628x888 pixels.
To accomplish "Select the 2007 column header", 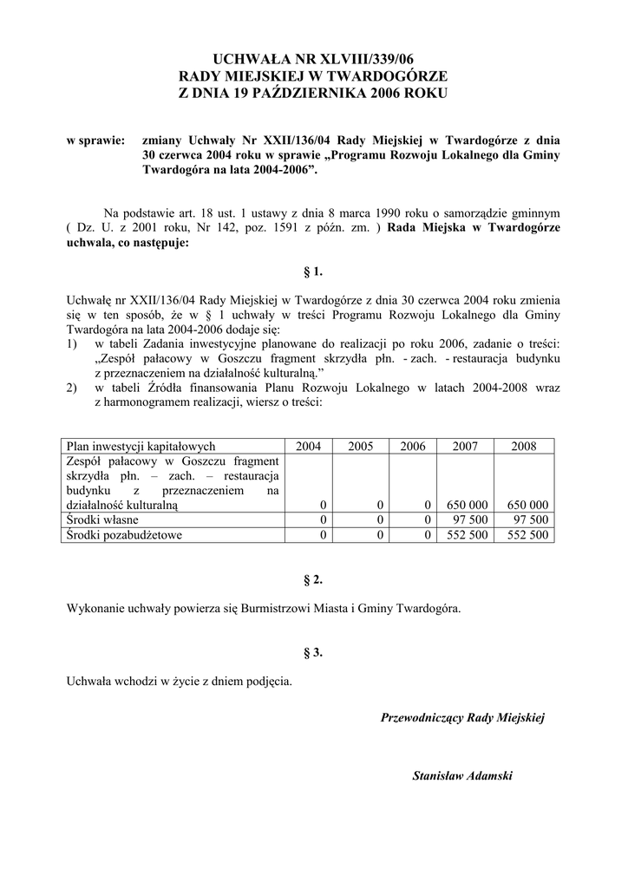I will (x=466, y=447).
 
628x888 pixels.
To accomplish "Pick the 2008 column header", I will (x=523, y=447).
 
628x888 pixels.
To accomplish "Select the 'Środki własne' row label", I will (x=102, y=519).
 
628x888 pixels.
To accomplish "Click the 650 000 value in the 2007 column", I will (x=467, y=504).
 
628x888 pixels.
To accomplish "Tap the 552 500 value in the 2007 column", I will (x=467, y=535).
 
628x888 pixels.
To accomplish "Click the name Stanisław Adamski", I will (x=462, y=775).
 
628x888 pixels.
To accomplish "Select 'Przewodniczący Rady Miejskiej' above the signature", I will (x=462, y=717).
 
